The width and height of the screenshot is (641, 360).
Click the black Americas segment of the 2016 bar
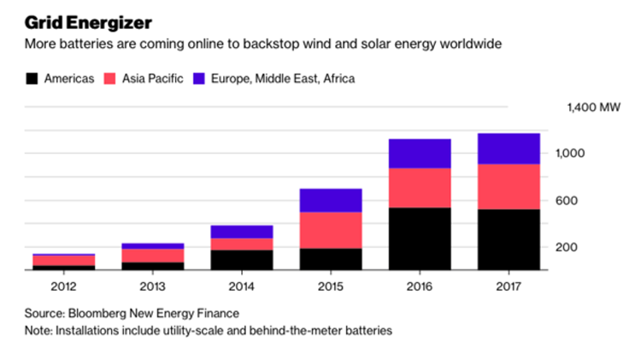[420, 239]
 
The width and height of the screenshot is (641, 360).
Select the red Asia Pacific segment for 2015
[330, 230]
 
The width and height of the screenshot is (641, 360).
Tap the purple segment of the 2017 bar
[509, 149]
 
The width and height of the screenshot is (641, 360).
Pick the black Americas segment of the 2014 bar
[241, 260]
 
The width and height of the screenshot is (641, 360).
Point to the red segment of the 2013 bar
[152, 256]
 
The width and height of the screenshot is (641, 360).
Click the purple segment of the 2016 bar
[420, 154]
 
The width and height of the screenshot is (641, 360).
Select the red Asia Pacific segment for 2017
[509, 186]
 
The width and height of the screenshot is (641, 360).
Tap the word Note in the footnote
[37, 329]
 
